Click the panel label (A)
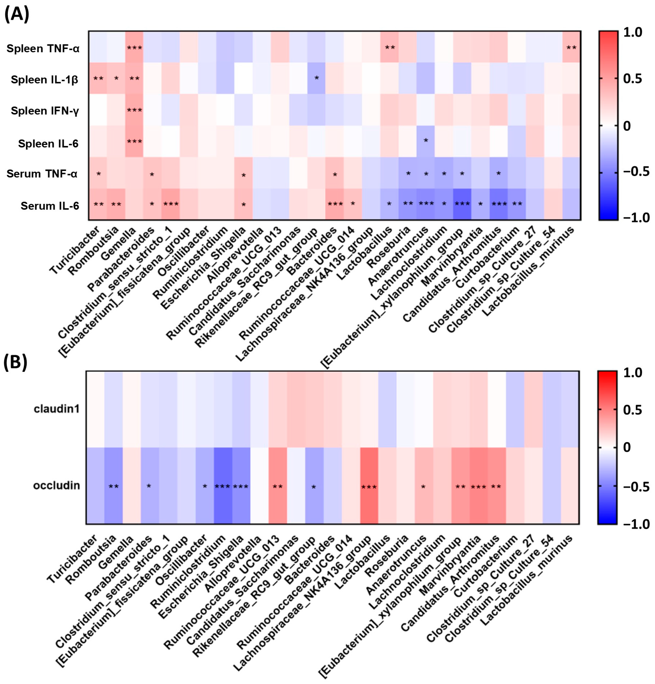pyautogui.click(x=16, y=15)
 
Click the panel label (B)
pyautogui.click(x=15, y=363)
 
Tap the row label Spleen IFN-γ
pyautogui.click(x=45, y=111)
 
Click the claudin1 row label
pyautogui.click(x=57, y=409)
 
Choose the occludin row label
pyautogui.click(x=56, y=486)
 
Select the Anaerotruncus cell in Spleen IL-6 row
pyautogui.click(x=425, y=141)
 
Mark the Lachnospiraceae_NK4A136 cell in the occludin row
pyautogui.click(x=369, y=486)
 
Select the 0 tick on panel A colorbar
pyautogui.click(x=627, y=126)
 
